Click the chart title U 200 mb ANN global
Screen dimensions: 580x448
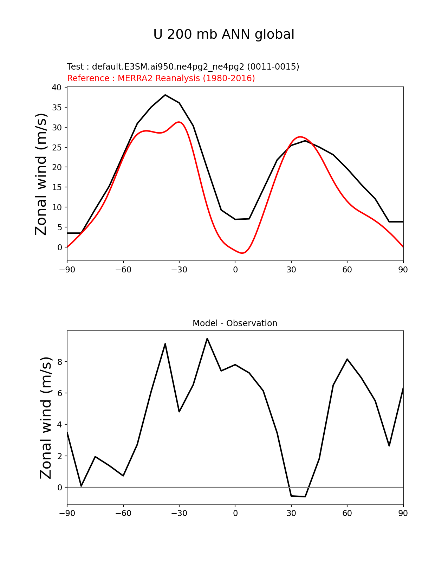(224, 34)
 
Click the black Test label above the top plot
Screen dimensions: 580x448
(183, 66)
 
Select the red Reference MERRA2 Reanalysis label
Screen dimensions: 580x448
(161, 78)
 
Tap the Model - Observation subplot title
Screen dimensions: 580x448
(235, 323)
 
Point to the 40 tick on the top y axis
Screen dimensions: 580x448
(57, 87)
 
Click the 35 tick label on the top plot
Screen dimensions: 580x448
(57, 107)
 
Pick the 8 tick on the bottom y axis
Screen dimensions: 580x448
(60, 362)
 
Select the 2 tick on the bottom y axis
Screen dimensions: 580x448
(60, 456)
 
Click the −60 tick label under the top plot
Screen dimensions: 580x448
(123, 270)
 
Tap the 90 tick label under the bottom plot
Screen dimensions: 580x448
(403, 513)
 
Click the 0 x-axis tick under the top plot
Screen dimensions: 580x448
(235, 270)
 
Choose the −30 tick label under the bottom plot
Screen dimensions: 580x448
(179, 513)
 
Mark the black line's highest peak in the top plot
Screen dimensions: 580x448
(165, 95)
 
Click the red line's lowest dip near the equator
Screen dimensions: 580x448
(242, 253)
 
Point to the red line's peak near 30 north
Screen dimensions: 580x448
(300, 137)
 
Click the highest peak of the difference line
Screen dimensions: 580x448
(207, 339)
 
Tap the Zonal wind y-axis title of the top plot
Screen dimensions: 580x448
(41, 174)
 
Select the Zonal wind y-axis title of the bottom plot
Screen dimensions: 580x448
(46, 418)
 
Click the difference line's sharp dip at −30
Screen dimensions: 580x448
(179, 411)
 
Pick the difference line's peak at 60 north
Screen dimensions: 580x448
(347, 359)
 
